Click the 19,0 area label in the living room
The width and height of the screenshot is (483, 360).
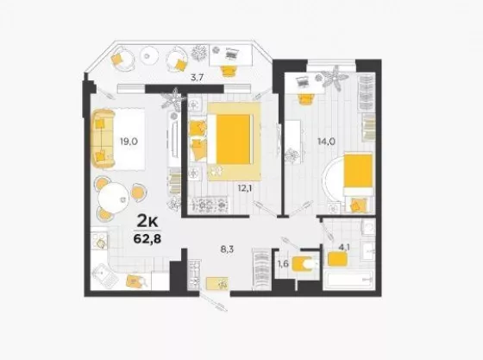pos(129,142)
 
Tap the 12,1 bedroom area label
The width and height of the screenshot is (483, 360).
pos(245,187)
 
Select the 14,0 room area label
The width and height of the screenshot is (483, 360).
pos(326,142)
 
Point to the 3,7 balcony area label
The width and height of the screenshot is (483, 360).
pos(197,78)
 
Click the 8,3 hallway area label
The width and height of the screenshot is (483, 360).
pos(227,249)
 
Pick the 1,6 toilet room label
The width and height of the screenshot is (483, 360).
pos(283,264)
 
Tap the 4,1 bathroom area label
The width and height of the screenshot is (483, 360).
pos(344,247)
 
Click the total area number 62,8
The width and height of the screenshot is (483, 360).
pos(147,238)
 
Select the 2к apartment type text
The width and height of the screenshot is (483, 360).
pos(147,221)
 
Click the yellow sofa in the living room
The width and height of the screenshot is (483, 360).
pos(103,139)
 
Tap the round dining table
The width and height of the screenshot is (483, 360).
pos(113,197)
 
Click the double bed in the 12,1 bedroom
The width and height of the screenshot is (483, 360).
pos(229,139)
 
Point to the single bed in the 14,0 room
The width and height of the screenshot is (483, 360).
pos(359,174)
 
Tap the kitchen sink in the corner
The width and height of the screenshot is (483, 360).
pos(105,277)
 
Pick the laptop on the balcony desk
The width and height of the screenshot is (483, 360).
pos(230,54)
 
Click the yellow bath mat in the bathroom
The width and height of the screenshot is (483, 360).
pos(337,259)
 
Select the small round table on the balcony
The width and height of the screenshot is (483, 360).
pos(149,56)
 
